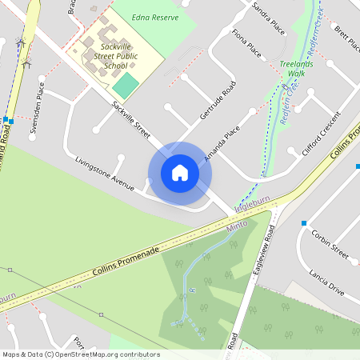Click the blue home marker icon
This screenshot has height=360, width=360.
180,173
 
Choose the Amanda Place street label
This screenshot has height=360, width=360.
222,138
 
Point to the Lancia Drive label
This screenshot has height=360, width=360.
326,282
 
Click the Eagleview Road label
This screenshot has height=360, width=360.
262,251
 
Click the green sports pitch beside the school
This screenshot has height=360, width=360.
125,86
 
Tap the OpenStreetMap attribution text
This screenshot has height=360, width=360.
81,354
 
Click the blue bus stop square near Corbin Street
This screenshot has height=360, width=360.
304,223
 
